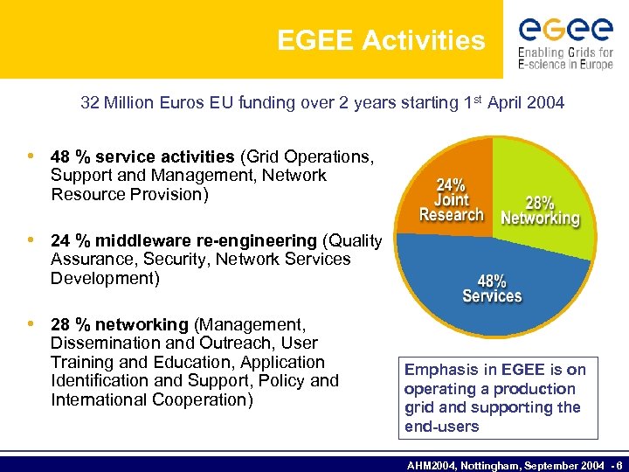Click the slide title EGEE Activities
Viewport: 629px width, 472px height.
coord(381,40)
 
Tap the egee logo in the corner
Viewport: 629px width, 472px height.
coord(565,31)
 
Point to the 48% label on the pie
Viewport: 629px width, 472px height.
coord(492,281)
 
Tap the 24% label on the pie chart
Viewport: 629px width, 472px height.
coord(451,184)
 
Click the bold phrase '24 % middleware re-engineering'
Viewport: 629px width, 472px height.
coord(183,240)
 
